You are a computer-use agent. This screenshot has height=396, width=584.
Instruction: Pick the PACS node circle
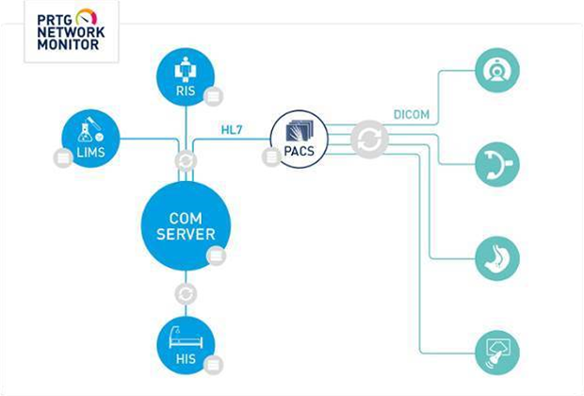[x=298, y=139]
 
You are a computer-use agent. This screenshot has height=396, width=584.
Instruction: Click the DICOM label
[x=411, y=115]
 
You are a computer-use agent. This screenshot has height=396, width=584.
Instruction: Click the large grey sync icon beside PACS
[x=368, y=140]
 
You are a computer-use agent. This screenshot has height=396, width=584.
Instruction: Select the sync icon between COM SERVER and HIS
[x=186, y=294]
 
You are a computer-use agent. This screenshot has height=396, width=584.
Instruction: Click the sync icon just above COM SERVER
[x=186, y=160]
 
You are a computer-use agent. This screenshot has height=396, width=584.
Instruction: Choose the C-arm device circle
[x=495, y=163]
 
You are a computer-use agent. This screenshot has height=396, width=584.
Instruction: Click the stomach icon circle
[x=495, y=256]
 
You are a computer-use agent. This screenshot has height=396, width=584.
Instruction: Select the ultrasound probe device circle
[x=495, y=349]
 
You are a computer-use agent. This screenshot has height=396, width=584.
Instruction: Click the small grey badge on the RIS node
[x=214, y=95]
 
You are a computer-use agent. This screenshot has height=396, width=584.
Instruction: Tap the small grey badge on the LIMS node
[x=63, y=157]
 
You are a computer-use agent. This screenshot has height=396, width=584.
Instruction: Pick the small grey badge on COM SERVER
[x=216, y=254]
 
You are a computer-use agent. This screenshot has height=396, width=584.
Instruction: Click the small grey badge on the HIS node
[x=215, y=364]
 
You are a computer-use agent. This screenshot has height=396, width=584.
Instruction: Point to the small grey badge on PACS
[x=271, y=157]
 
